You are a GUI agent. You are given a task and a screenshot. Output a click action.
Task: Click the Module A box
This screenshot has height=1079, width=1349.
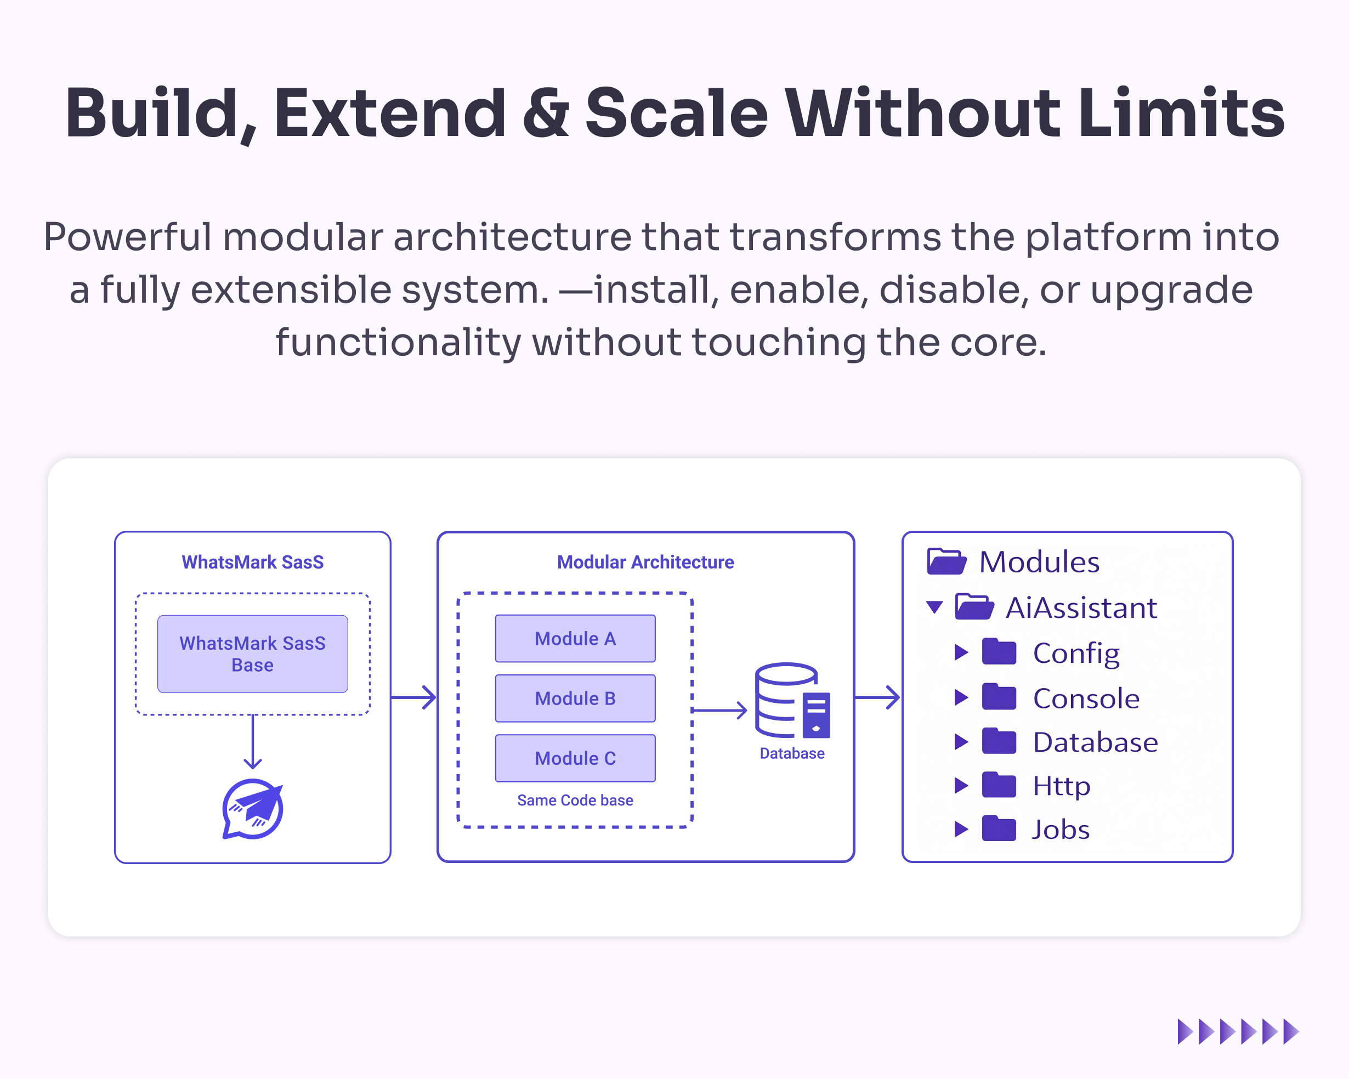click(575, 638)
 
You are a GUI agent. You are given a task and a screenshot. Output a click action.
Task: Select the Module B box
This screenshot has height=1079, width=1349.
click(575, 698)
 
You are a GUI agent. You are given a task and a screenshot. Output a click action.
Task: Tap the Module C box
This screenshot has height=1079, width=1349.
click(575, 758)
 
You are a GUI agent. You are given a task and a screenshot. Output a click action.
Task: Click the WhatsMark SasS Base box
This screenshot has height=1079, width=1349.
click(253, 654)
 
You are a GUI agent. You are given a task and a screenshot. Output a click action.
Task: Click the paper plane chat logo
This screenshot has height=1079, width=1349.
click(253, 809)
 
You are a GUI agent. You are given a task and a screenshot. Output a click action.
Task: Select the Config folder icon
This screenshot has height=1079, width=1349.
click(999, 652)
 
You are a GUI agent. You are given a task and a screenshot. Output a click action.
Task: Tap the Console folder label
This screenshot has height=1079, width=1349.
click(1086, 698)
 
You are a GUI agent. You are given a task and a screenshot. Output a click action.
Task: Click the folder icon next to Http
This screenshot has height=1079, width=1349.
click(999, 785)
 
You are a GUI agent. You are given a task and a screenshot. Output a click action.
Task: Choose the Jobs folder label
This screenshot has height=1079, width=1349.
click(1061, 830)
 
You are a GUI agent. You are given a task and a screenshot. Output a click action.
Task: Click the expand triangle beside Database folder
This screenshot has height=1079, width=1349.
click(961, 742)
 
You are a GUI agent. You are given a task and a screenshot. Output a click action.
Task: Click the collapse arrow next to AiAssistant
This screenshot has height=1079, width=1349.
click(935, 607)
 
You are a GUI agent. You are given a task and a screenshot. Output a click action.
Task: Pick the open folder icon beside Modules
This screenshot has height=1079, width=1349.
click(946, 561)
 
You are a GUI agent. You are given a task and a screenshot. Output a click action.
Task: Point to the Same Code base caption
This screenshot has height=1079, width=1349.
click(575, 800)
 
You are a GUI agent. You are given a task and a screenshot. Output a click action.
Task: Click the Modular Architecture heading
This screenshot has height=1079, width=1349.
click(645, 562)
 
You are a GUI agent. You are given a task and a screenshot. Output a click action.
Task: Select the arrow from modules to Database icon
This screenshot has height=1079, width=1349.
click(719, 710)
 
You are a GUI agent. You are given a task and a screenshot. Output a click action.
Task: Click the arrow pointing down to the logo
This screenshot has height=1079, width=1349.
click(253, 742)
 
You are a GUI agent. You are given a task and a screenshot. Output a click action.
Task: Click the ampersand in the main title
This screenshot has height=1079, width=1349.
click(546, 112)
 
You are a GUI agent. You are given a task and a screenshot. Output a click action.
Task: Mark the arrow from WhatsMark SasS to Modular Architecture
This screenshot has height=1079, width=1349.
click(413, 697)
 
